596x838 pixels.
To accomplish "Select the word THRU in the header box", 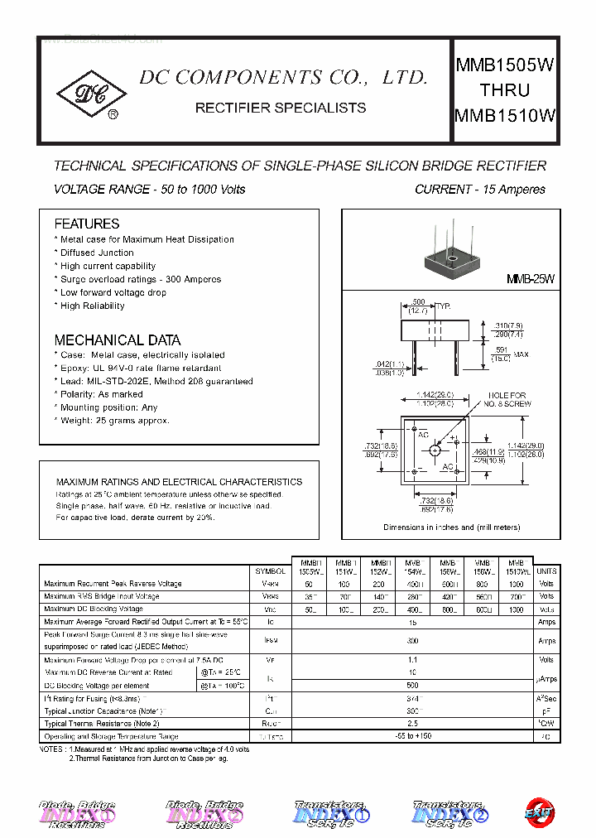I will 504,90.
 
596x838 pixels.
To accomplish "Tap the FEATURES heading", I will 87,224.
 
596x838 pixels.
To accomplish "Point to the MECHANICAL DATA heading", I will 117,340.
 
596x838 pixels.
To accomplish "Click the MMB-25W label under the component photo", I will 530,280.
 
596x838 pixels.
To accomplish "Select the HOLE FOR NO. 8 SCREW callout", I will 507,399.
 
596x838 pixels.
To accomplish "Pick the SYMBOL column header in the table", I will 270,571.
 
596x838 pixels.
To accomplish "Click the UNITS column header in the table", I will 546,571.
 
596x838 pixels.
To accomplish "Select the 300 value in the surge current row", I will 411,640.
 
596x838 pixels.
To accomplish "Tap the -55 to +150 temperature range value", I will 411,736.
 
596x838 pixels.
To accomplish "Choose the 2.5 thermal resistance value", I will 411,724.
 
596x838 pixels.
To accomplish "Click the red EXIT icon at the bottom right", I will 541,814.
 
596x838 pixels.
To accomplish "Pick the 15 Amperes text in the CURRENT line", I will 513,190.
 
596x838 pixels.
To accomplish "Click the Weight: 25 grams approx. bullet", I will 115,421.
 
